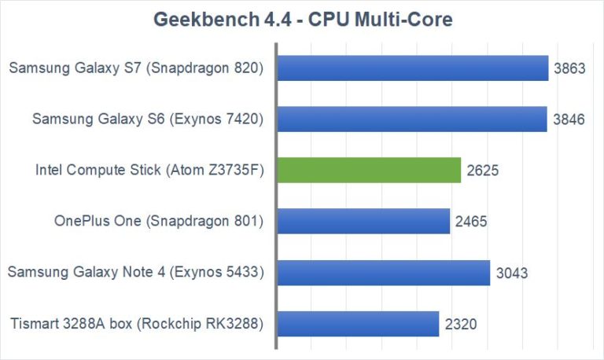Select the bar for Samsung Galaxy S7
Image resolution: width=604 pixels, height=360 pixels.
[x=413, y=68]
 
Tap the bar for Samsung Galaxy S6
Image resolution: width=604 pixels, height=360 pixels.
[x=412, y=119]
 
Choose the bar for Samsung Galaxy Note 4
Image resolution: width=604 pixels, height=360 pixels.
[x=384, y=272]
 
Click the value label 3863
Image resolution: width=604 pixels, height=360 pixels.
[x=569, y=68]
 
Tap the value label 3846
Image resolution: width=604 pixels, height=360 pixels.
[x=569, y=119]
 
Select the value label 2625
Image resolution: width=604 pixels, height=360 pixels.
[x=483, y=171]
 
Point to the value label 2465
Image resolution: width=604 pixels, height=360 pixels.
[x=472, y=222]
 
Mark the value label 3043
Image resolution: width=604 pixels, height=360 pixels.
[x=512, y=273]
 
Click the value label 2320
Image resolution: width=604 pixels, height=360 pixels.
[x=461, y=324]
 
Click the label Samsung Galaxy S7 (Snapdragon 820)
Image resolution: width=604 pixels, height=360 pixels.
[x=135, y=68]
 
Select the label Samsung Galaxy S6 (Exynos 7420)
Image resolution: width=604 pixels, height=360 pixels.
[x=147, y=119]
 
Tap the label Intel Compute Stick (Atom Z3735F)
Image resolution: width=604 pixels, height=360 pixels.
[x=149, y=171]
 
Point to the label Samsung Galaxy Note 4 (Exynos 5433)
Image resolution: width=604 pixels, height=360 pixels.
[x=134, y=273]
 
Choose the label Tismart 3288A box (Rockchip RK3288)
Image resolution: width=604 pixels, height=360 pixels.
[x=135, y=324]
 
